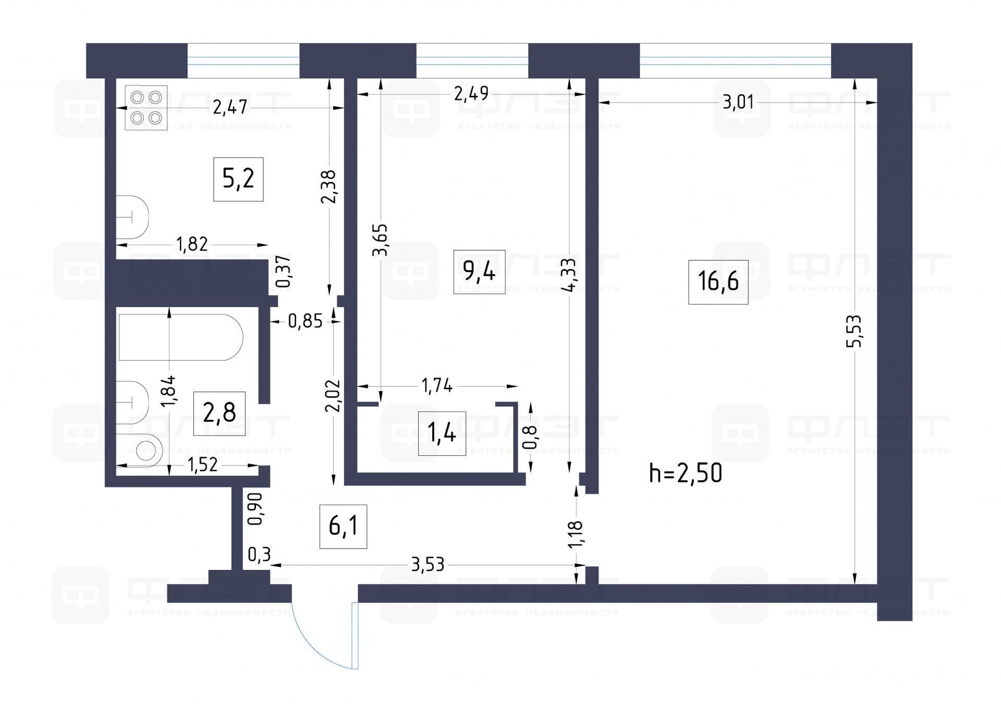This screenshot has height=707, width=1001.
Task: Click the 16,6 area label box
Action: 718,282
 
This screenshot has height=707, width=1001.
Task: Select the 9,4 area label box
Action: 479,272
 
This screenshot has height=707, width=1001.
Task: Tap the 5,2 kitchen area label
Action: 238,179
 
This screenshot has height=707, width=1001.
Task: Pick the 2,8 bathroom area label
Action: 219,413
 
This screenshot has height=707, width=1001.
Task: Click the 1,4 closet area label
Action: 442,433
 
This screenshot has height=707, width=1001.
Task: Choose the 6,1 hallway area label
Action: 343,526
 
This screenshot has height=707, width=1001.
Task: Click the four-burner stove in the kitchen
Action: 146,107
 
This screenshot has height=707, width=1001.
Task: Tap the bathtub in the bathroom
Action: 180,337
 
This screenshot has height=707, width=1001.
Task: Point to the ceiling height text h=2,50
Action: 686,473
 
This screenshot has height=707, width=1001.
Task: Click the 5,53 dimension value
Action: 854,331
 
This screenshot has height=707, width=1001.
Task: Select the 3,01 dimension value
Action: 738,102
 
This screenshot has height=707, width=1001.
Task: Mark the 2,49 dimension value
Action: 471,94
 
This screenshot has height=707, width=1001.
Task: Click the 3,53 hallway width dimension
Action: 428,564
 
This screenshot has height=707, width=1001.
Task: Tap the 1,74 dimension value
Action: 437,386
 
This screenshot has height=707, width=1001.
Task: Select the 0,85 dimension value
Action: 305,321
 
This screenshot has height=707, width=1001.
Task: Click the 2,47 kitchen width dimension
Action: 230,107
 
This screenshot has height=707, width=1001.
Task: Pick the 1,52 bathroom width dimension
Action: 202,465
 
